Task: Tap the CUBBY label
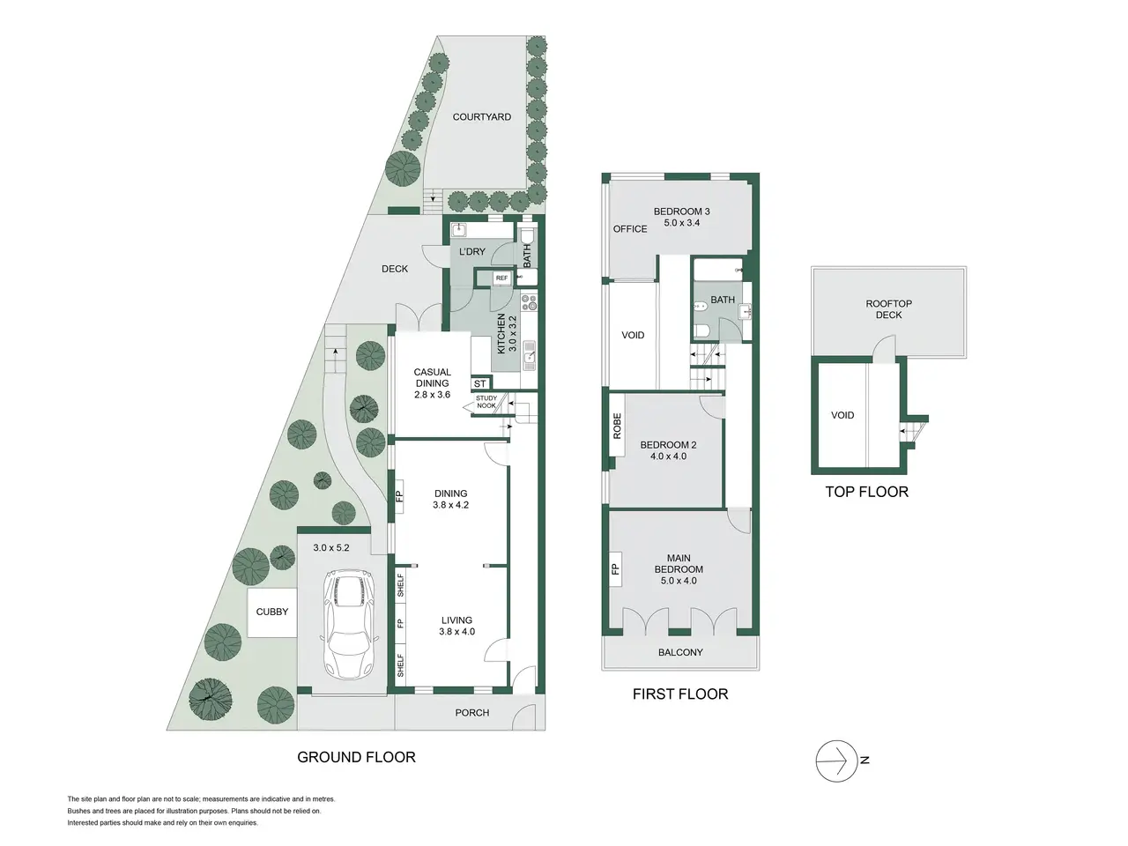point(271,612)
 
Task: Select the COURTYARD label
point(481,117)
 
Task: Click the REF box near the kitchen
point(501,278)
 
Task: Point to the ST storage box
point(480,383)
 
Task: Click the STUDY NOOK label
point(486,402)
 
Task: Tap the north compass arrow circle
point(836,761)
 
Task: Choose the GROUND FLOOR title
point(356,757)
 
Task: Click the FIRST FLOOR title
point(680,694)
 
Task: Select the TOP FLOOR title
point(867,492)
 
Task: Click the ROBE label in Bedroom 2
point(617,427)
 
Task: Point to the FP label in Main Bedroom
point(615,568)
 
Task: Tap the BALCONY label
point(680,652)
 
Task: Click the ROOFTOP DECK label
point(888,309)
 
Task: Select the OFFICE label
point(630,229)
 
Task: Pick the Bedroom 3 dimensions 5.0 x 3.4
point(681,223)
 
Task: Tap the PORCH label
point(471,712)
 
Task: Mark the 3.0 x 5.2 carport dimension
point(331,547)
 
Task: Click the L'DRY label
point(471,252)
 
